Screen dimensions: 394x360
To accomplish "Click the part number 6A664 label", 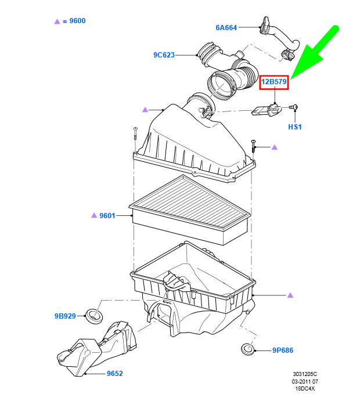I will point(226,27).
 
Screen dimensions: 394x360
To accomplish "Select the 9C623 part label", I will point(164,55).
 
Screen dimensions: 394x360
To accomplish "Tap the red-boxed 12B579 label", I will point(273,82).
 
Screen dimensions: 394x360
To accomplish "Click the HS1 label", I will point(295,126).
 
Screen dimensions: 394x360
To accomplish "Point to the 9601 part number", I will point(107,215).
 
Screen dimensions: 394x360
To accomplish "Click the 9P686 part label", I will point(284,350).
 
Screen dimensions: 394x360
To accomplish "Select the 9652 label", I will point(114,374).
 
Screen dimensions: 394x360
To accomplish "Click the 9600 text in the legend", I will point(77,21).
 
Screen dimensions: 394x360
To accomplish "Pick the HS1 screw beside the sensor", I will point(294,107).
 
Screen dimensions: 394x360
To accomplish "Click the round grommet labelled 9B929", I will point(93,316).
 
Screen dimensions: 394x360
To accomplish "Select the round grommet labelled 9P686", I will point(248,350).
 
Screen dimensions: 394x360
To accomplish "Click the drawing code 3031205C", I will point(305,375).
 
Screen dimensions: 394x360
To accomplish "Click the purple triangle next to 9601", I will point(93,215).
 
